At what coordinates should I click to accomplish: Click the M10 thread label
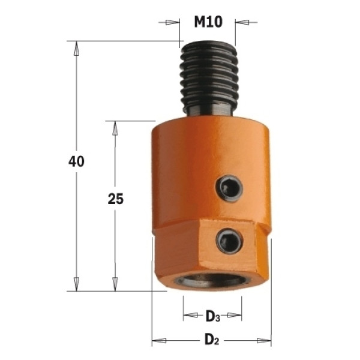(x=208, y=22)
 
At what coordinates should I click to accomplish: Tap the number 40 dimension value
(x=76, y=161)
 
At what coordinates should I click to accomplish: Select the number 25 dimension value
(x=115, y=199)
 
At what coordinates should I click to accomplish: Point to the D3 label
(x=212, y=317)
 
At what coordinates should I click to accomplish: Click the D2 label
(x=212, y=340)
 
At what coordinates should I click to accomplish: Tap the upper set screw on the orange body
(x=229, y=189)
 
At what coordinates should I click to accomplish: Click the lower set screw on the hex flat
(x=229, y=241)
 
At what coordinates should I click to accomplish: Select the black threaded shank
(x=208, y=79)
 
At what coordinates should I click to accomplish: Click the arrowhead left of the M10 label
(x=172, y=22)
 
